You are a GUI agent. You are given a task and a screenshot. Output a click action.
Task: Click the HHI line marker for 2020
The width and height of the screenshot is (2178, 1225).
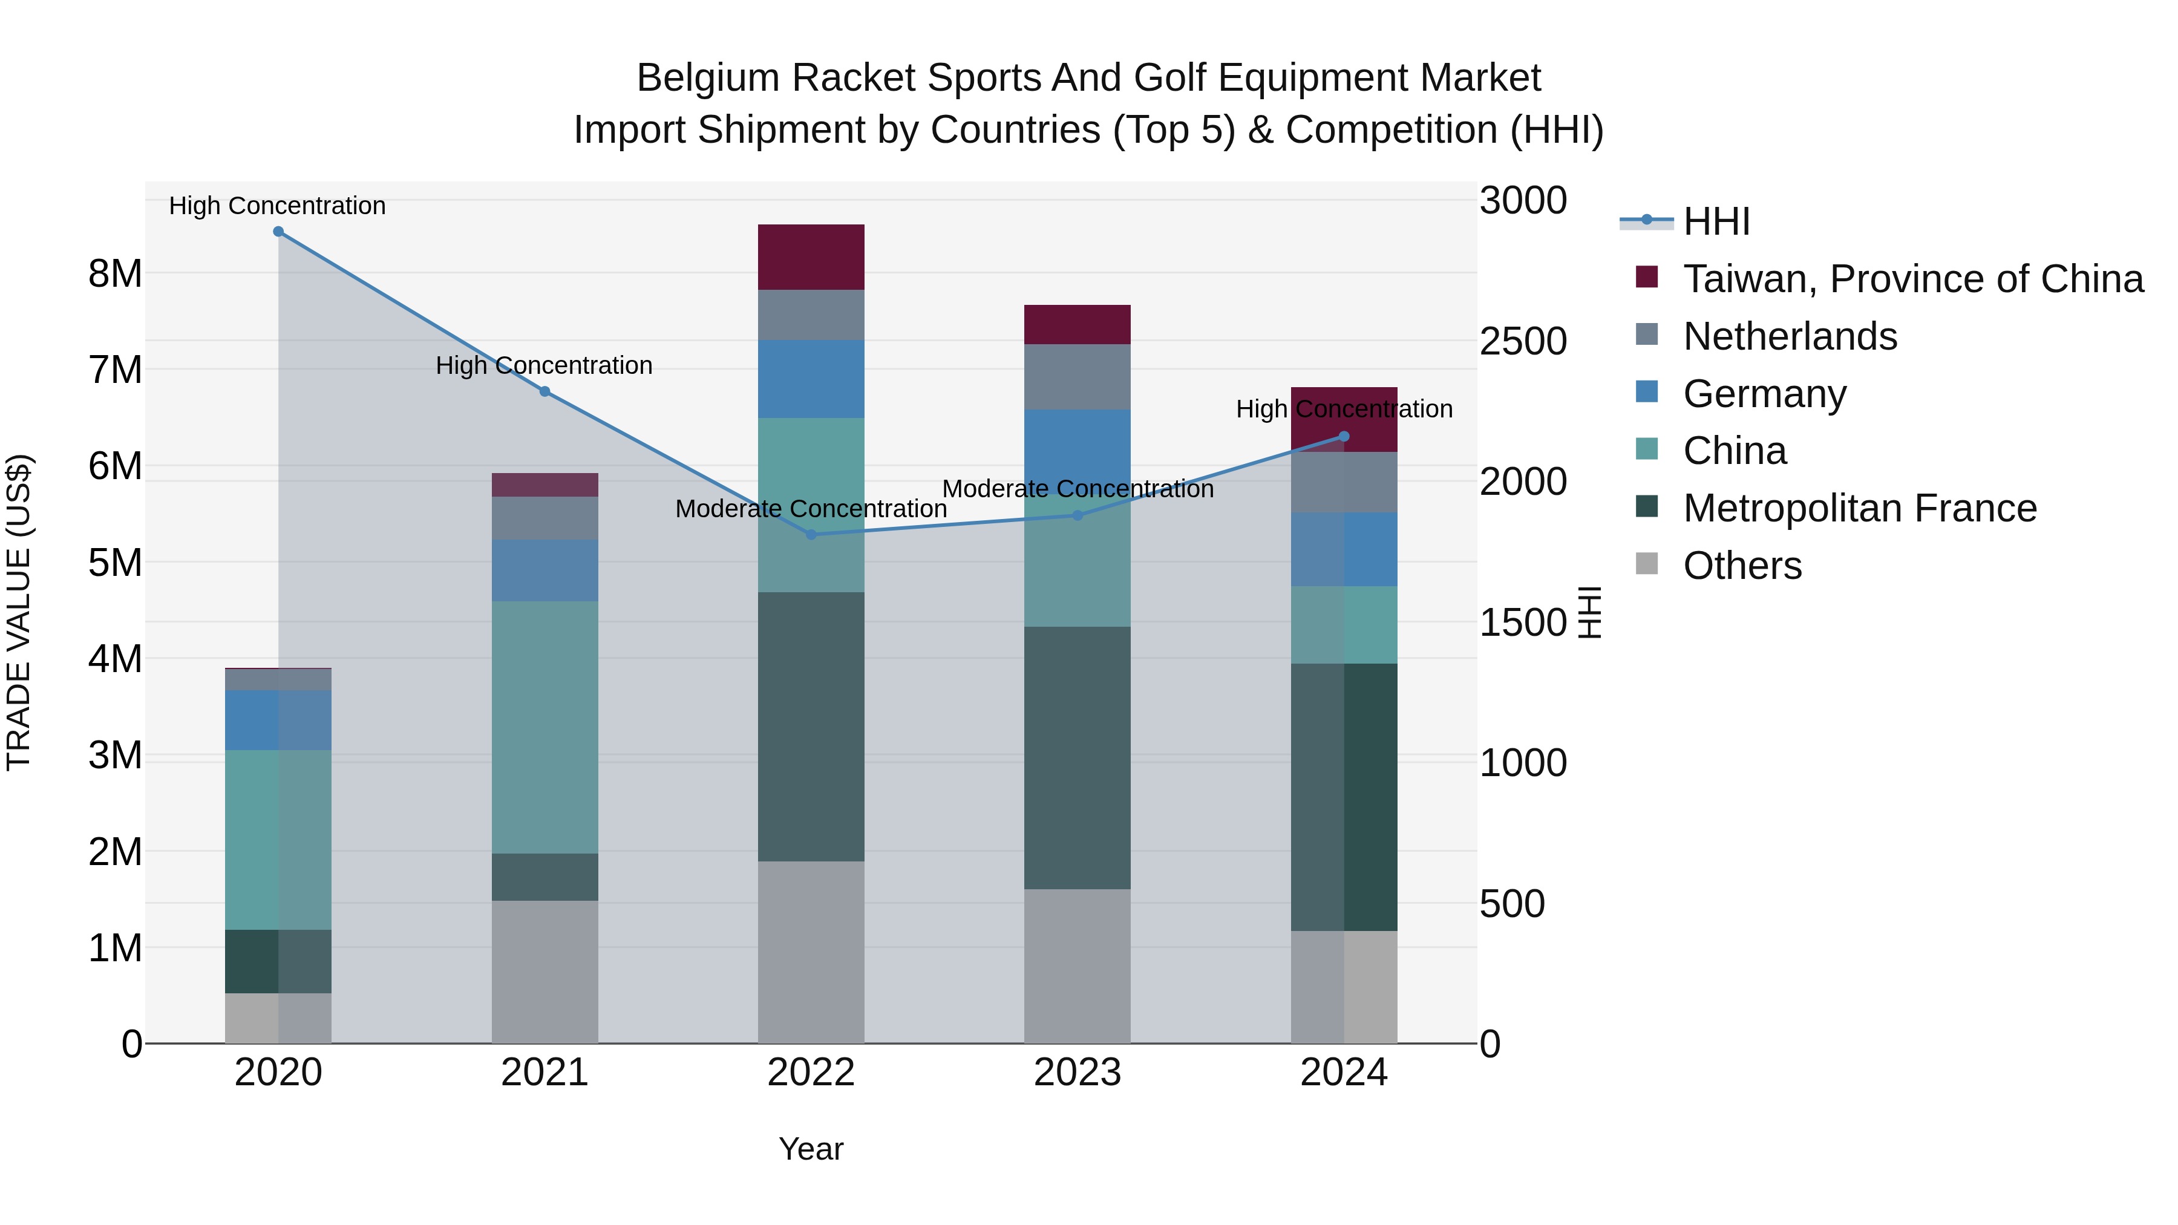click(x=278, y=232)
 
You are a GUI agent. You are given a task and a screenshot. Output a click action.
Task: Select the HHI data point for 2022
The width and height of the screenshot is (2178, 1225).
click(x=811, y=534)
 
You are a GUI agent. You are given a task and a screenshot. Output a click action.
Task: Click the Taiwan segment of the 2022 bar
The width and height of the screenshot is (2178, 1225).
click(x=811, y=257)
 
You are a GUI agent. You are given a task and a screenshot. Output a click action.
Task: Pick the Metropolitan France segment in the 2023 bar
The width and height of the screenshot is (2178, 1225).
click(x=1077, y=757)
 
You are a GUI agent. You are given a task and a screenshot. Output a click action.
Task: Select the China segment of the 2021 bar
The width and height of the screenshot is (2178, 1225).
click(x=544, y=727)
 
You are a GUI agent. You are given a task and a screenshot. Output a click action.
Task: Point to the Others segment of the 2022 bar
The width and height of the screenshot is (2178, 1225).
click(x=811, y=952)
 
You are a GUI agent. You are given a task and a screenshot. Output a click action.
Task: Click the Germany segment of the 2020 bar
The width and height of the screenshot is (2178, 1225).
click(x=278, y=719)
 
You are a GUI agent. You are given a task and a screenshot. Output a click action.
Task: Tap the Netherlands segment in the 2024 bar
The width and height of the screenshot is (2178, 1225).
click(x=1344, y=482)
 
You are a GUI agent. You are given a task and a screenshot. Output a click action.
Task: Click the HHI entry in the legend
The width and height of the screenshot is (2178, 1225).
click(x=1716, y=221)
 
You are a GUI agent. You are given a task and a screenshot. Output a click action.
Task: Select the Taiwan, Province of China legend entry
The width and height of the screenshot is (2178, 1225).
click(x=1912, y=279)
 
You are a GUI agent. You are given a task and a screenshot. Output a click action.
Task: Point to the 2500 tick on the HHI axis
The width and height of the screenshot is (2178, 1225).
click(x=1523, y=342)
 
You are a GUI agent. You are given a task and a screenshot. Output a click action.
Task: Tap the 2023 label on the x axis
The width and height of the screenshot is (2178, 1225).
click(x=1077, y=1073)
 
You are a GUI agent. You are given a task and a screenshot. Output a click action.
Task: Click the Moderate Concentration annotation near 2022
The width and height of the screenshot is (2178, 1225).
click(x=811, y=509)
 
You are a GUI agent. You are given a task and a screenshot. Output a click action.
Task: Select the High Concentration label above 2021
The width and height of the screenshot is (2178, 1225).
click(x=544, y=365)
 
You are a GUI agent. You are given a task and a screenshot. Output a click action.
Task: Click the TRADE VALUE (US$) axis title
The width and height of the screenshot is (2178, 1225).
click(x=19, y=612)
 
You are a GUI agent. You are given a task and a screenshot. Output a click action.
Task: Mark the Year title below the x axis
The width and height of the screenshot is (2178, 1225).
click(x=811, y=1149)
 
